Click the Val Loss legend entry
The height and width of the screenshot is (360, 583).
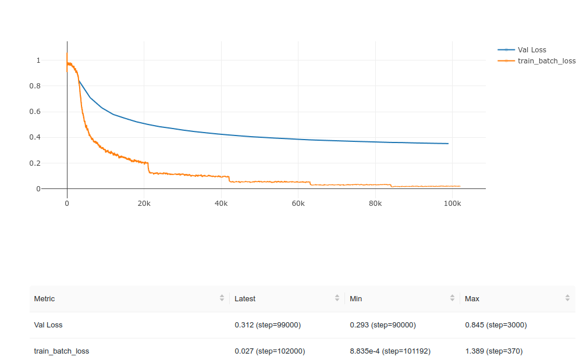tap(531, 50)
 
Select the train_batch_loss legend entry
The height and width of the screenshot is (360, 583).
tap(546, 60)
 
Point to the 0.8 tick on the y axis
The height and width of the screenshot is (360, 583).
tap(38, 86)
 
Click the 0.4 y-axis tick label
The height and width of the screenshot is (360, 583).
tap(38, 138)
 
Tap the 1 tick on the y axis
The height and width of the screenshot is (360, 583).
tap(38, 60)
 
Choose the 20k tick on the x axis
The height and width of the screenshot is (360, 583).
tap(144, 204)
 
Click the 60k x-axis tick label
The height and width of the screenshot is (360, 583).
tap(298, 204)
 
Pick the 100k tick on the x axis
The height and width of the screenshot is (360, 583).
tap(452, 204)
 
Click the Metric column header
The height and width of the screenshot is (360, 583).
tap(44, 298)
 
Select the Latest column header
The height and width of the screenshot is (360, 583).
tap(245, 298)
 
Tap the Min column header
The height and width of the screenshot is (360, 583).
tap(356, 298)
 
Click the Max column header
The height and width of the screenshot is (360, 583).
tap(472, 298)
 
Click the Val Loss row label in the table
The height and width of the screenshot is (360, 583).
tap(48, 325)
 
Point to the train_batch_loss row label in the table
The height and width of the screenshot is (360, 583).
tap(62, 351)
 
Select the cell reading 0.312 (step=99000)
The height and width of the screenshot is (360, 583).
tap(268, 325)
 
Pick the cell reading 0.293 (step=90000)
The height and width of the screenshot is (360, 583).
tap(383, 325)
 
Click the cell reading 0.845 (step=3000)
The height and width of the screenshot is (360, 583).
tap(496, 325)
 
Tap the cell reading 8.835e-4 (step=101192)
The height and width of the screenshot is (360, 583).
tap(390, 351)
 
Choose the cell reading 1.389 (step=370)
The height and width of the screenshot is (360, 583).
tap(494, 351)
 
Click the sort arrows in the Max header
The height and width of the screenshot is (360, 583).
tap(567, 298)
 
